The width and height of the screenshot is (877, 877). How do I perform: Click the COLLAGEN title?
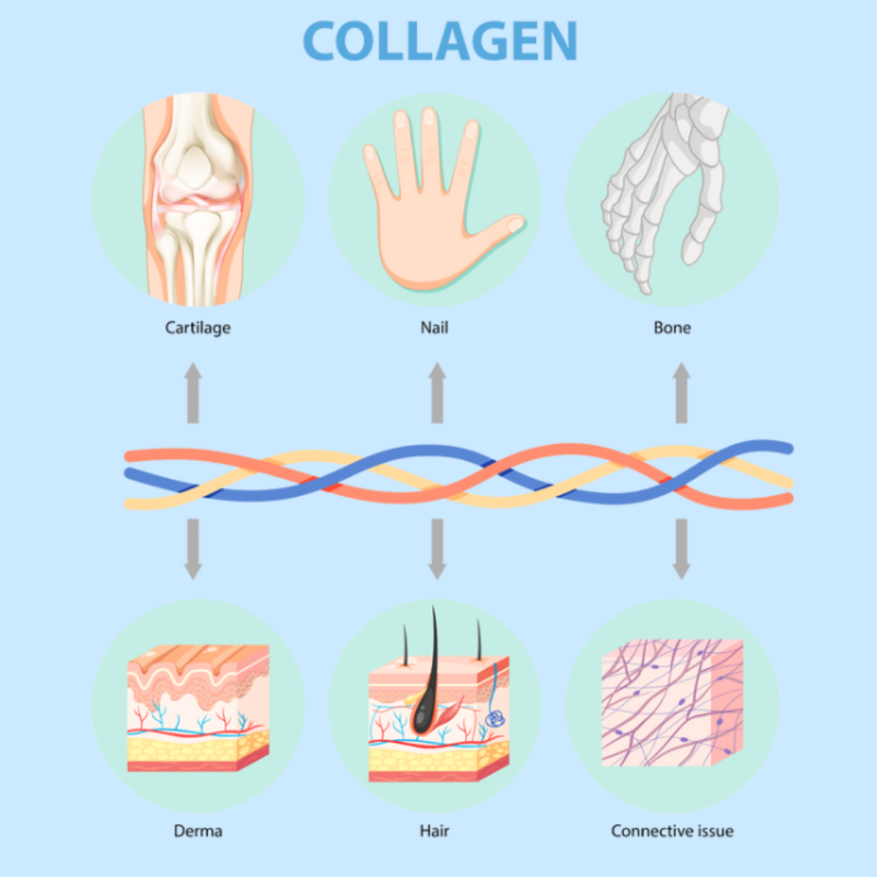(440, 40)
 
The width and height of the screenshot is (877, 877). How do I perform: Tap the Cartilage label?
(198, 328)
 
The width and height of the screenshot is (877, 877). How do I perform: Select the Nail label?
(435, 328)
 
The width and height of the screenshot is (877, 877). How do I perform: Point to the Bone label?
(672, 328)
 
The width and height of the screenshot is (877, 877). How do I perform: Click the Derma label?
(197, 831)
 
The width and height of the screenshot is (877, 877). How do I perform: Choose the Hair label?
(435, 831)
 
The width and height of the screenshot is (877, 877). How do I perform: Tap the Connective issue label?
(672, 831)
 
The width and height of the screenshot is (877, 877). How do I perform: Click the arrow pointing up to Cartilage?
(192, 393)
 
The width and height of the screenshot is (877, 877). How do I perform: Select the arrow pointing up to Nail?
(437, 393)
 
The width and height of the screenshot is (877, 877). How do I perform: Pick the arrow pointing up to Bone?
(681, 393)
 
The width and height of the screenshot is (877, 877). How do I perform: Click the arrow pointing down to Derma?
(192, 549)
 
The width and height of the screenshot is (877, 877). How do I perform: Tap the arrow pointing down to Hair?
(437, 549)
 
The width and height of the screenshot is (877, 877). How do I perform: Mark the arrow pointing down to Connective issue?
(681, 549)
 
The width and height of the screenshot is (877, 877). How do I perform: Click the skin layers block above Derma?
(197, 706)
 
